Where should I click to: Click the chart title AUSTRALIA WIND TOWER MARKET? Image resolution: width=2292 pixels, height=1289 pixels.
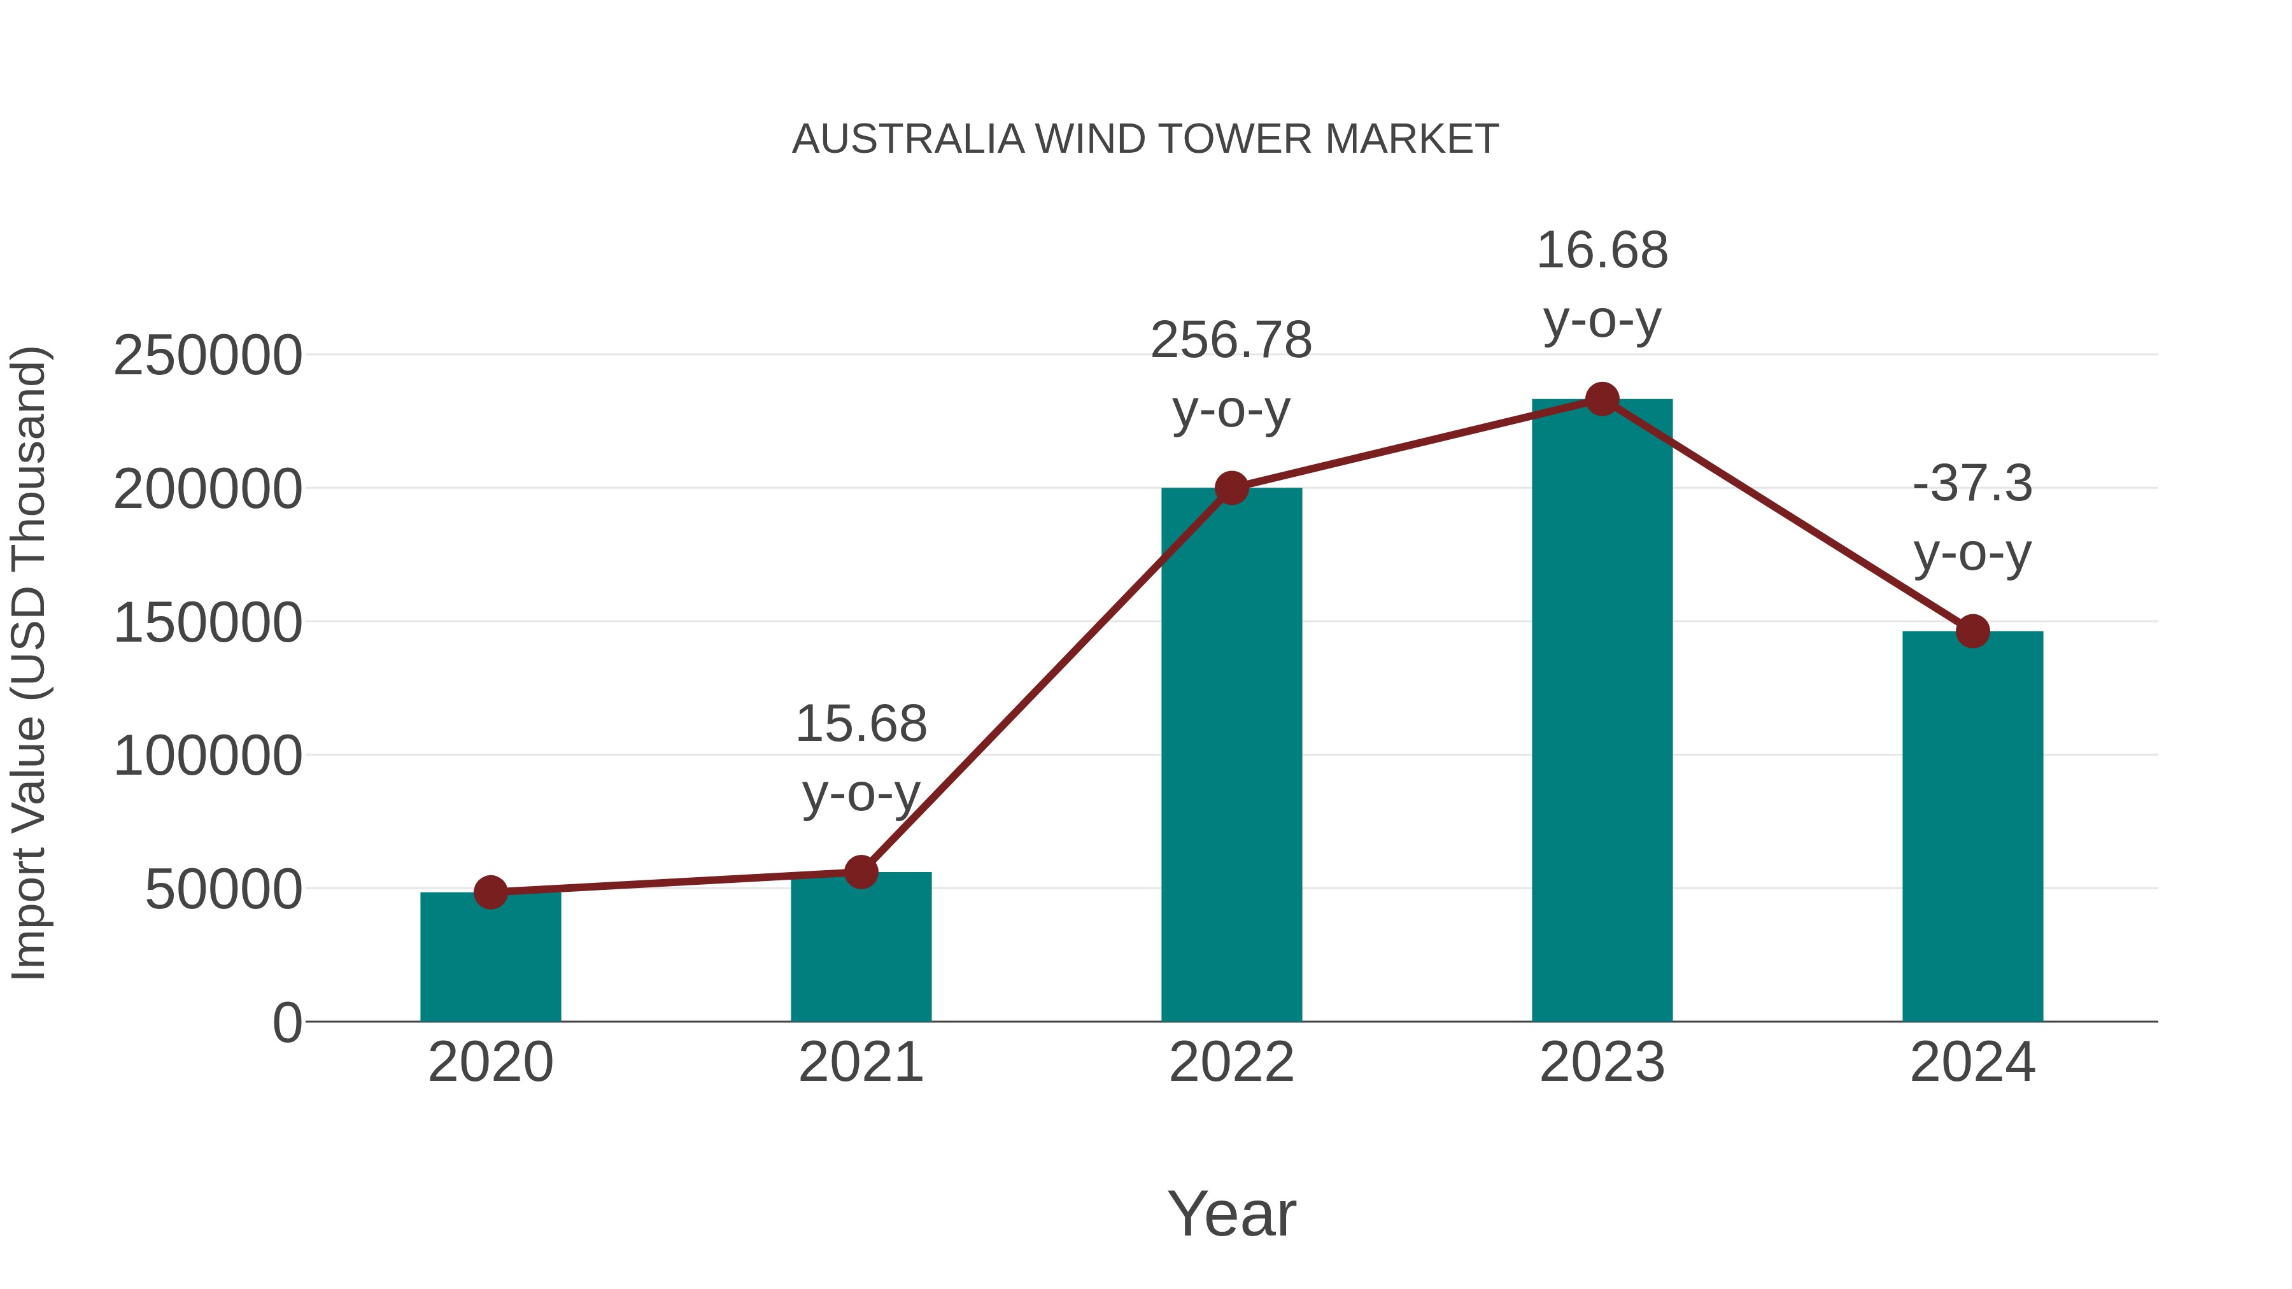coord(1145,139)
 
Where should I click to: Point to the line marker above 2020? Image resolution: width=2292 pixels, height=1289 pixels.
coord(490,892)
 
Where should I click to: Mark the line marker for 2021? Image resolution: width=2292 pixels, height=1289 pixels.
coord(860,872)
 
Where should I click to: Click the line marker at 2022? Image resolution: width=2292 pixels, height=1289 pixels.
coord(1231,488)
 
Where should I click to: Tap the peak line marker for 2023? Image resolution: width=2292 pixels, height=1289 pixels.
coord(1602,399)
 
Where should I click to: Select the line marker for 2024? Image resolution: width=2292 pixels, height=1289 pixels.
coord(1972,631)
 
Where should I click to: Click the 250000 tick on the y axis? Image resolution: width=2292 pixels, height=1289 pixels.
coord(208,356)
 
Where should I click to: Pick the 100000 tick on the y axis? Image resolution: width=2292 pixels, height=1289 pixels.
coord(208,756)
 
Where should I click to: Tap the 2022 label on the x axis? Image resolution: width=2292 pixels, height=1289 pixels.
coord(1231,1062)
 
